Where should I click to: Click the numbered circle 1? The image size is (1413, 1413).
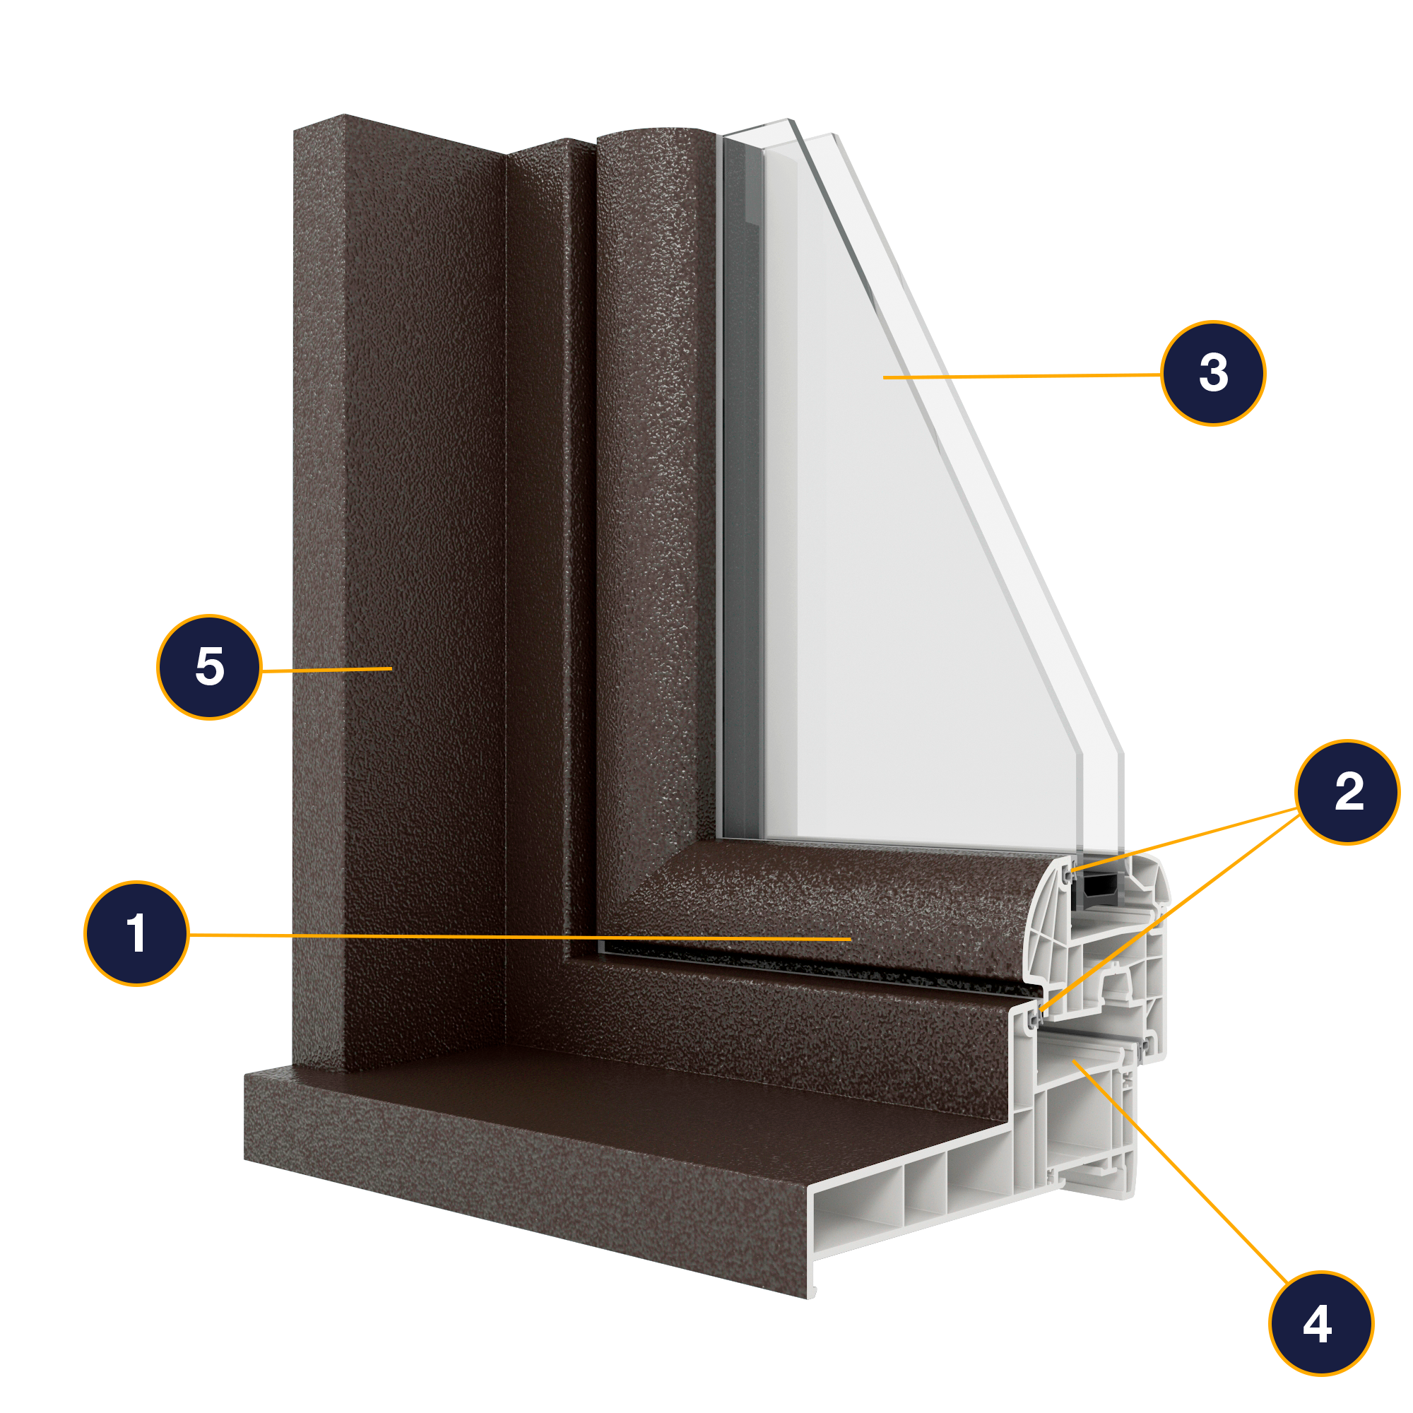pyautogui.click(x=137, y=934)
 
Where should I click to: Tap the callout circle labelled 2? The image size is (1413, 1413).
pyautogui.click(x=1347, y=792)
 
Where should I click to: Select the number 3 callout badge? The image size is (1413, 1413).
pyautogui.click(x=1213, y=373)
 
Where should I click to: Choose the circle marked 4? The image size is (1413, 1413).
pyautogui.click(x=1322, y=1323)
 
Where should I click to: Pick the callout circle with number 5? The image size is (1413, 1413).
pyautogui.click(x=209, y=667)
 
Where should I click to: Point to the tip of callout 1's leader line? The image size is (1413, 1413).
pyautogui.click(x=851, y=938)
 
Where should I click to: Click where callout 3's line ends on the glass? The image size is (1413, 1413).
pyautogui.click(x=884, y=377)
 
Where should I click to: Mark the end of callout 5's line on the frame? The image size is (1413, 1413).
pyautogui.click(x=392, y=668)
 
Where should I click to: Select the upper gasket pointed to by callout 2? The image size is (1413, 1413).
pyautogui.click(x=1069, y=874)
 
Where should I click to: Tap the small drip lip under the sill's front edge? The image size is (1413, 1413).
pyautogui.click(x=811, y=1290)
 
